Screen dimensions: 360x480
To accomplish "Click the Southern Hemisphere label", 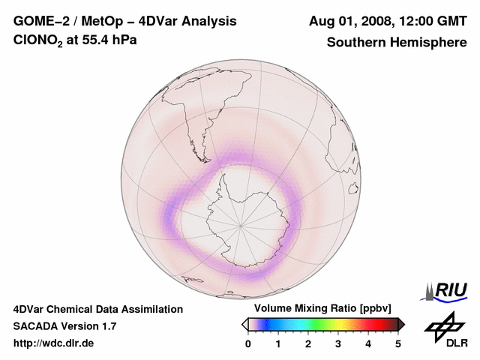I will pos(397,42).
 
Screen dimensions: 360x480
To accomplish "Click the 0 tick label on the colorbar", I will pos(248,343).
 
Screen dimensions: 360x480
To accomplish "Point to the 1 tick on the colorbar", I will pos(278,343).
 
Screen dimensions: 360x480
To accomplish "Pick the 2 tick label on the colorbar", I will pos(308,343).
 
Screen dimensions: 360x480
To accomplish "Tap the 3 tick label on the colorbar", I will pos(338,343).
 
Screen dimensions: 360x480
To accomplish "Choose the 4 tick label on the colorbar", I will pos(368,343).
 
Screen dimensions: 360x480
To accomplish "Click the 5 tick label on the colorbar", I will pos(398,343).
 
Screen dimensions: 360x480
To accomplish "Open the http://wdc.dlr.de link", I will pos(54,343).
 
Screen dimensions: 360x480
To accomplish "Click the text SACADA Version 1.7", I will pos(64,326).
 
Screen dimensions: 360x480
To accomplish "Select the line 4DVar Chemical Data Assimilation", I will pos(97,309).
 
